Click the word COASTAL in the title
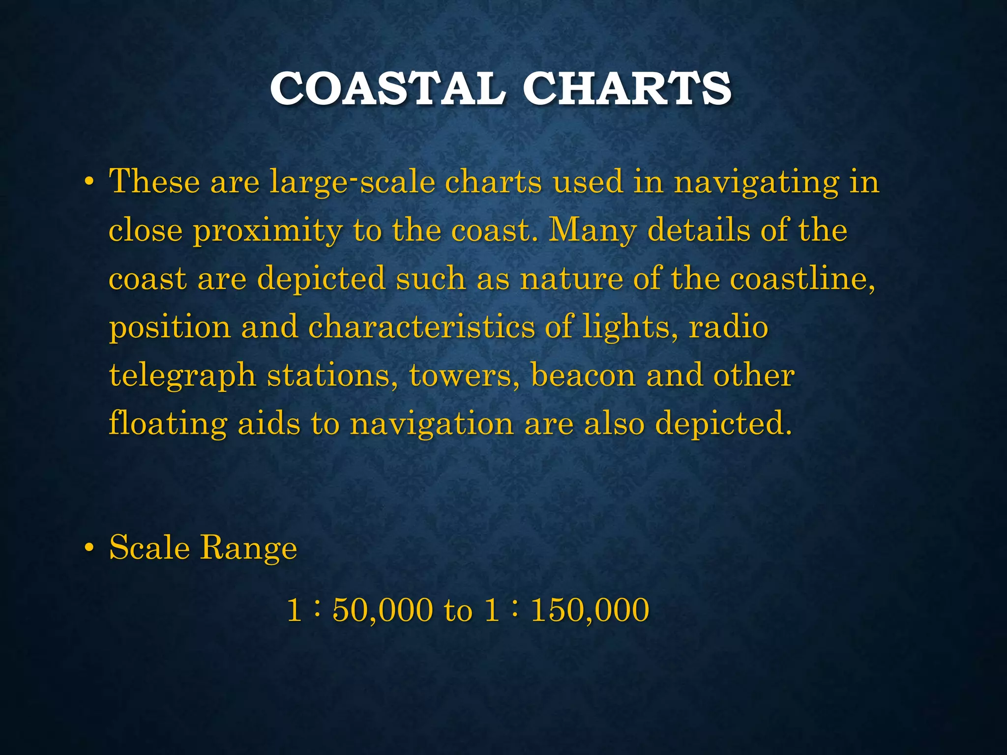tap(387, 88)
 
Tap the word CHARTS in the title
tap(627, 88)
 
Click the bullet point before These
tap(89, 182)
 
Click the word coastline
tap(802, 278)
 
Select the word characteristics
tap(421, 326)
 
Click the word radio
tap(728, 326)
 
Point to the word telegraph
tap(182, 377)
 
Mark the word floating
tap(167, 424)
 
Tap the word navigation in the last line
tap(432, 424)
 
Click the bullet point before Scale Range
tap(89, 548)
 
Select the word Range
tap(248, 548)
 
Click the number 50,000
tap(383, 610)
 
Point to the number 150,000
tap(590, 610)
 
